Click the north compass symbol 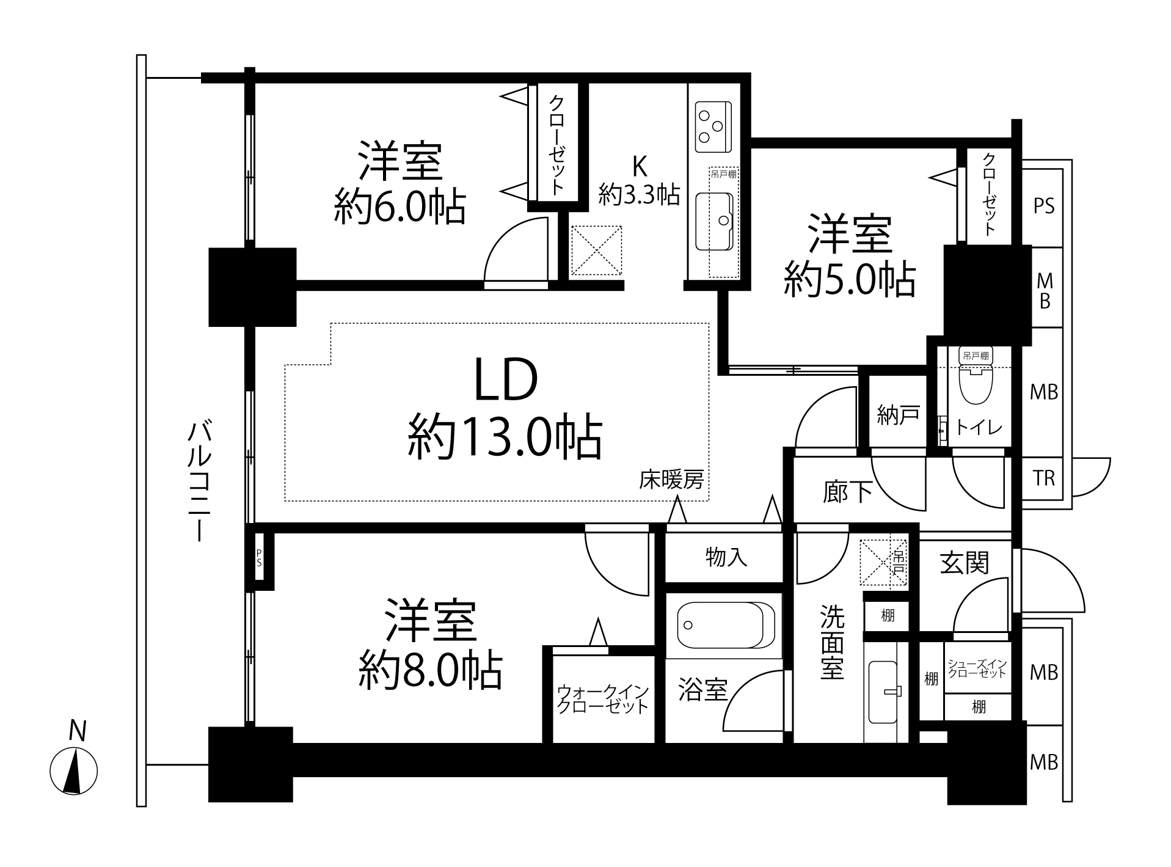pyautogui.click(x=73, y=771)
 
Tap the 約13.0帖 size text pyautogui.click(x=506, y=436)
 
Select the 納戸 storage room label pyautogui.click(x=897, y=415)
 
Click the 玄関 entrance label pyautogui.click(x=965, y=563)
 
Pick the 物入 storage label pyautogui.click(x=726, y=557)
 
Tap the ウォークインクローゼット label pyautogui.click(x=603, y=700)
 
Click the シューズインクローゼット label pyautogui.click(x=977, y=668)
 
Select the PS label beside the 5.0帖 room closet pyautogui.click(x=1044, y=206)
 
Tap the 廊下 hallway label pyautogui.click(x=848, y=492)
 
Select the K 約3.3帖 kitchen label pyautogui.click(x=639, y=180)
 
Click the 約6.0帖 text pyautogui.click(x=399, y=208)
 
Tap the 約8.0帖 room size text pyautogui.click(x=431, y=671)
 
